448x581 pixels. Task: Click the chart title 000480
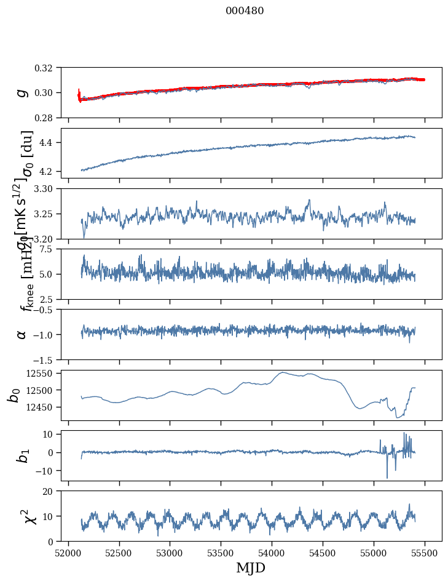point(245,11)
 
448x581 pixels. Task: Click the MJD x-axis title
point(251,567)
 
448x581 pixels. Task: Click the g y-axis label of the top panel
point(22,92)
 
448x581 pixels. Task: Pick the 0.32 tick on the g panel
point(47,68)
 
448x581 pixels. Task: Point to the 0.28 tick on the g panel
point(47,118)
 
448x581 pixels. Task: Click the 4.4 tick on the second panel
point(50,143)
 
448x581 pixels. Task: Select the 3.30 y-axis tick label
point(47,189)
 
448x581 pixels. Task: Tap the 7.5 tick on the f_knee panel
point(50,249)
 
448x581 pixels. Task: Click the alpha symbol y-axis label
point(22,334)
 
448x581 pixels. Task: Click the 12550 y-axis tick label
point(42,374)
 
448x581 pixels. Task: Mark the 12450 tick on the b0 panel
point(42,407)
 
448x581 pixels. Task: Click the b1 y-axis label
point(22,455)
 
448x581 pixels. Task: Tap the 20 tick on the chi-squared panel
point(52,492)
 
